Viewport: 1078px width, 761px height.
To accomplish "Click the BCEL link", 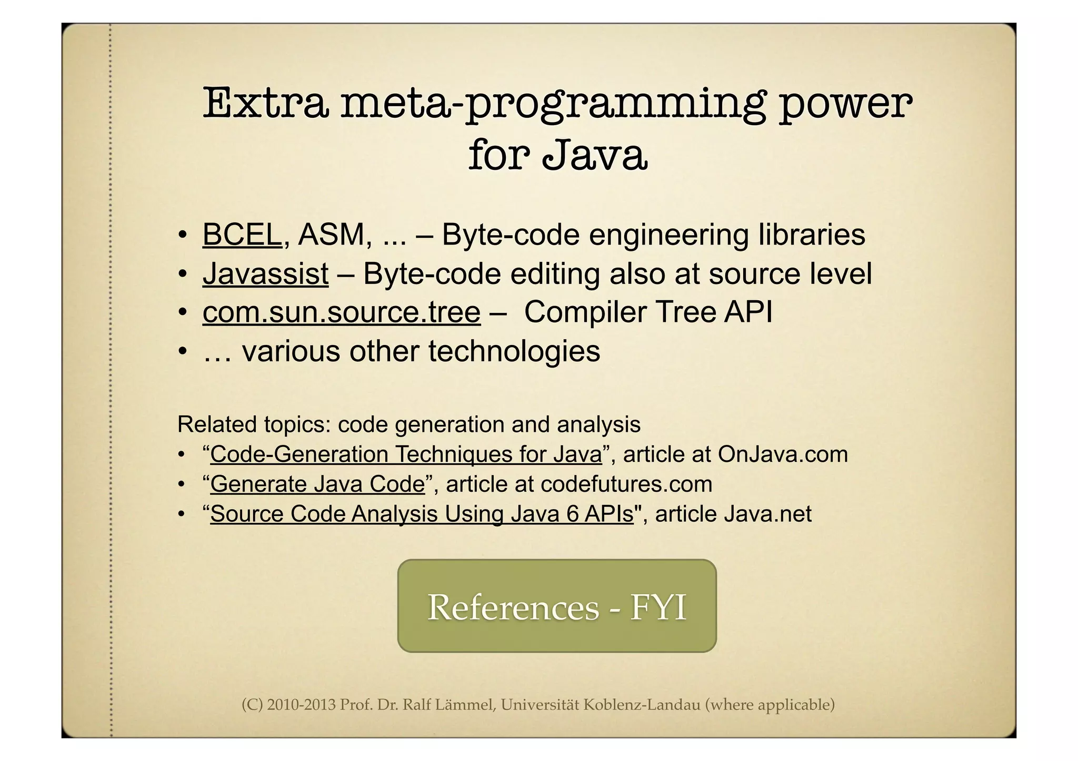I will tap(242, 235).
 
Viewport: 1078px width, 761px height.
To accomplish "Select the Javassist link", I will tap(265, 274).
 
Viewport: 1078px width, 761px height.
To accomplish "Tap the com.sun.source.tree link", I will tap(341, 312).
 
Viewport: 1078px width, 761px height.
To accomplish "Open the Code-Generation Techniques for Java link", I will tap(406, 454).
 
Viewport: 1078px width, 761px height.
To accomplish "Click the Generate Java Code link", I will tap(317, 484).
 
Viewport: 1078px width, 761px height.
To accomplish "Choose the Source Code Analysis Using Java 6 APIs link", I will tap(422, 514).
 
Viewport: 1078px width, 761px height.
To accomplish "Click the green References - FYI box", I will tap(557, 606).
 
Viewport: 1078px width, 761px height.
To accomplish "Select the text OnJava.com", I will tap(783, 454).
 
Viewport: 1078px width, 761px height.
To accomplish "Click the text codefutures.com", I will tap(626, 484).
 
